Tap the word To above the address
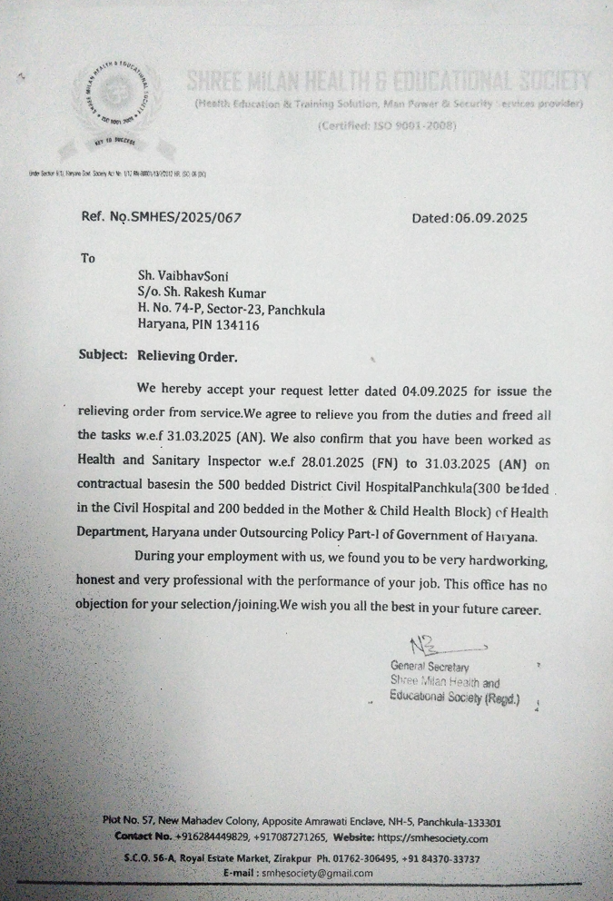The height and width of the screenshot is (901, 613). (x=88, y=258)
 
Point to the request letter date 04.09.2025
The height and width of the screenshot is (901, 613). (x=433, y=392)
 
